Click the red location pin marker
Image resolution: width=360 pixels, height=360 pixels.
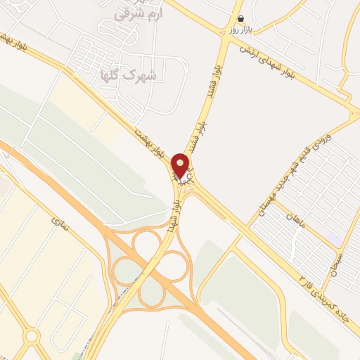tap(180, 165)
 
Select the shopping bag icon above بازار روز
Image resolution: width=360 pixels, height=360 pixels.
tap(241, 19)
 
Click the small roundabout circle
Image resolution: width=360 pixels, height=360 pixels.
tap(31, 336)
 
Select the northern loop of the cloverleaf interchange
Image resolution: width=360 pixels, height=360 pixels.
tap(148, 243)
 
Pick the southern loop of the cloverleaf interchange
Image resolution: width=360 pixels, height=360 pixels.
tap(152, 291)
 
